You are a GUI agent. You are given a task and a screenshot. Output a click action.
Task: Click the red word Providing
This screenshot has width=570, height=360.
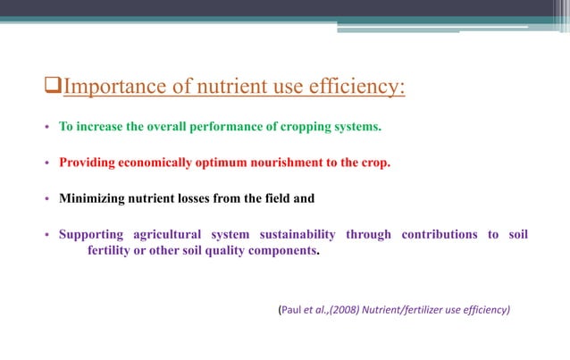pos(89,163)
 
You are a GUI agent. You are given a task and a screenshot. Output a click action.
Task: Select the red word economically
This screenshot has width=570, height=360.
pos(165,163)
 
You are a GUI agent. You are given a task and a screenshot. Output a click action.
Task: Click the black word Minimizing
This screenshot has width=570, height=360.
pos(95,199)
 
